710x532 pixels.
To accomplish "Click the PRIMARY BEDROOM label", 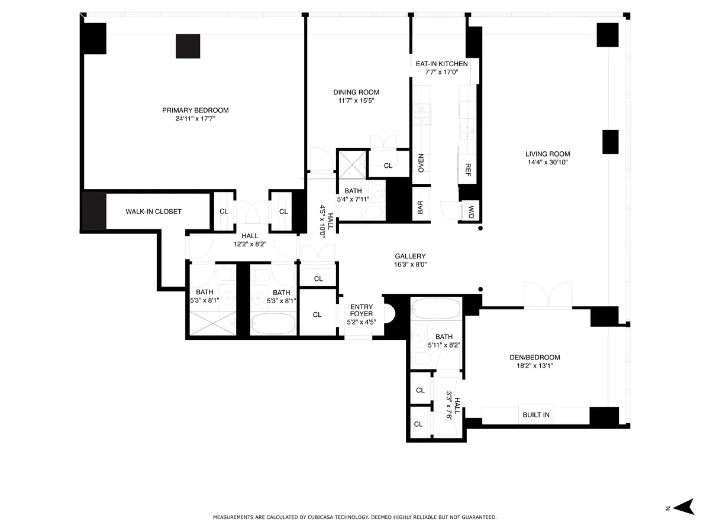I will pos(195,111).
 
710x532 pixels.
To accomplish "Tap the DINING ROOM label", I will pos(356,92).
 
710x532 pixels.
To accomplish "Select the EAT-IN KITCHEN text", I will pos(441,64).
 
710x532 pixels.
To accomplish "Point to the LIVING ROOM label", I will pos(547,154).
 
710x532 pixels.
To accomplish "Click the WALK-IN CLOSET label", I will pos(153,212).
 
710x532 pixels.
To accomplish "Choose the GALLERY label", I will pos(410,257).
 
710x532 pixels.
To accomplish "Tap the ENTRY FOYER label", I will pos(361,310).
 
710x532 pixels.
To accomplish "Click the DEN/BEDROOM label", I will pos(534,358).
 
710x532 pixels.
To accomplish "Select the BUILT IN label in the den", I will pos(535,415).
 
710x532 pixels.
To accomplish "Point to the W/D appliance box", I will pos(471,210).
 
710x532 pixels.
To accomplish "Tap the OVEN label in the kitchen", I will pos(421,162).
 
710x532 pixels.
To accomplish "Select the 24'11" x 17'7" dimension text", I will pos(195,119).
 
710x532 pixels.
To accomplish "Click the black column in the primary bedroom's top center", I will pos(188,46).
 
